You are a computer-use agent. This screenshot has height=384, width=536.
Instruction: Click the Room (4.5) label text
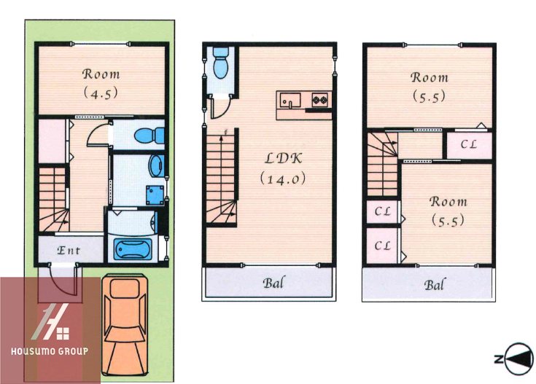(101, 83)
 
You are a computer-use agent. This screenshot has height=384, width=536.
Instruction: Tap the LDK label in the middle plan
(284, 158)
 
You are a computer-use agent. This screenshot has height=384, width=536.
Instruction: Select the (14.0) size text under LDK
(283, 179)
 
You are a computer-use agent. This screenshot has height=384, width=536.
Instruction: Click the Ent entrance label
(69, 251)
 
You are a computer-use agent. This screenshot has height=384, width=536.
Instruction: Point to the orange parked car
(125, 324)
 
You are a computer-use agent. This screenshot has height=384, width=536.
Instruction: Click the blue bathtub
(133, 249)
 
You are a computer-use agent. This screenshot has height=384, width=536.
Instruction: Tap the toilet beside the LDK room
(221, 63)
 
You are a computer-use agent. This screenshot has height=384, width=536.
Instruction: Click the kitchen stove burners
(320, 100)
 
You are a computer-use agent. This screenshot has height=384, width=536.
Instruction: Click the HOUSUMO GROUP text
(50, 351)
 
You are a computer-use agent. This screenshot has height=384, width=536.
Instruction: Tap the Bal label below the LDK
(273, 283)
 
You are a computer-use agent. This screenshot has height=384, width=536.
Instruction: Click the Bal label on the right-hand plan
(435, 285)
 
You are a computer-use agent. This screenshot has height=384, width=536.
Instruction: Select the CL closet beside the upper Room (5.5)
(470, 144)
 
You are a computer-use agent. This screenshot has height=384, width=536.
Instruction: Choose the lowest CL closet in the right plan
(383, 246)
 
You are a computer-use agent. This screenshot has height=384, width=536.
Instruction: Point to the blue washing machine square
(155, 195)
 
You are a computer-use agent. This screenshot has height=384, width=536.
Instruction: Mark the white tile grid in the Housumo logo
(63, 334)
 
